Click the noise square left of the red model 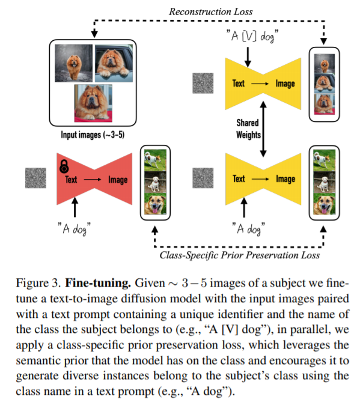[35, 178]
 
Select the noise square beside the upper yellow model [203, 82]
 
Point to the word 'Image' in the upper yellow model [285, 83]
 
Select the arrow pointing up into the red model [75, 208]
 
